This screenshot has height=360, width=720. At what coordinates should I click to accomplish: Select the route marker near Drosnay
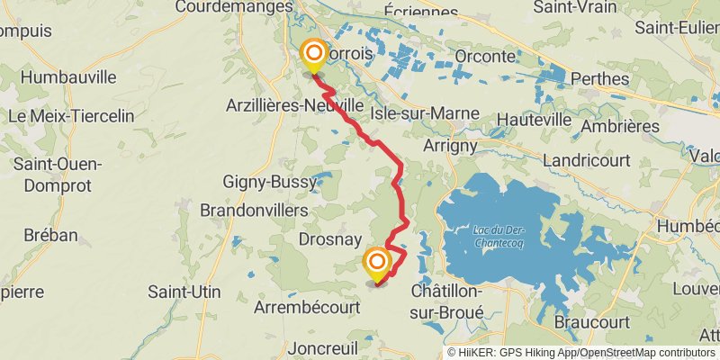[377, 264]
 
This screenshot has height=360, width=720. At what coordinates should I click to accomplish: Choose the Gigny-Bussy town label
[270, 182]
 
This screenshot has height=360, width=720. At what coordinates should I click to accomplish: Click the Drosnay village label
[329, 239]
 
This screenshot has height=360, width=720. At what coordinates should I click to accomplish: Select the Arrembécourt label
[308, 307]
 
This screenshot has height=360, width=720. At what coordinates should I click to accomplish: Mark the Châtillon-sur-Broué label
[447, 301]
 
